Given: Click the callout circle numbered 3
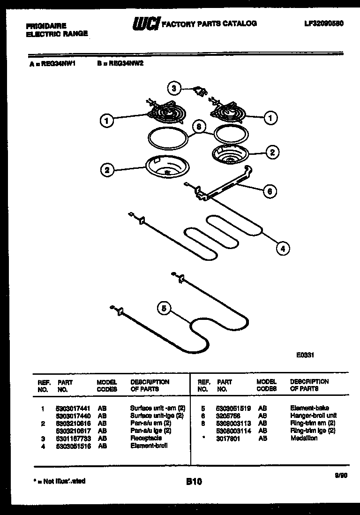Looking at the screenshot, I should pyautogui.click(x=173, y=88).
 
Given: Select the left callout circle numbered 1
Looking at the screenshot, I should pyautogui.click(x=107, y=121).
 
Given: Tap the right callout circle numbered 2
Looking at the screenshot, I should pyautogui.click(x=272, y=151).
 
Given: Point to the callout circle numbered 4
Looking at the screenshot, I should pyautogui.click(x=282, y=249).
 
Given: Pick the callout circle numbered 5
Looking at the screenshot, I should pyautogui.click(x=164, y=308).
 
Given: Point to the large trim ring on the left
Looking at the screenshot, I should pyautogui.click(x=168, y=138).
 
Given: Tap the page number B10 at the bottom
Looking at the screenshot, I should pyautogui.click(x=193, y=481).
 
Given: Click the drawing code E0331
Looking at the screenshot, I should pyautogui.click(x=305, y=355).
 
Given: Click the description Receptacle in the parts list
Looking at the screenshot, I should pyautogui.click(x=146, y=438).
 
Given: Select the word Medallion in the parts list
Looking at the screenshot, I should pyautogui.click(x=304, y=438).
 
